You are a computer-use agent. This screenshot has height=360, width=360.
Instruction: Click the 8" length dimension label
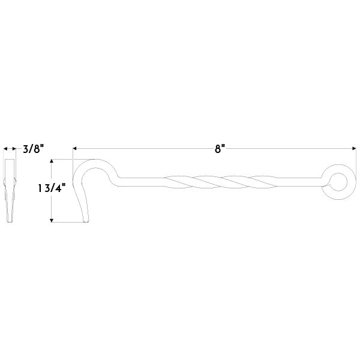coord(220,149)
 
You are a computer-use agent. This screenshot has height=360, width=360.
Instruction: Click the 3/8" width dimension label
coord(33,149)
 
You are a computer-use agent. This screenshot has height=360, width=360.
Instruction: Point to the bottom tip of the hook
coord(86,221)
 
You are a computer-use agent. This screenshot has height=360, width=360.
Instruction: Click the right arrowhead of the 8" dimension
coord(354,149)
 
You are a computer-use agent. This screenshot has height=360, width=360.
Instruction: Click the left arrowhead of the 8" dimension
coord(75,149)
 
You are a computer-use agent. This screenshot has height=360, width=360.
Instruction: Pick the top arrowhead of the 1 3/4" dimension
coord(52,161)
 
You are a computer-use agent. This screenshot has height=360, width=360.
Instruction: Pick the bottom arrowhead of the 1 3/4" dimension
coord(52,220)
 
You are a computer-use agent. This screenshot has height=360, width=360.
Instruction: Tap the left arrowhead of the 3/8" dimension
coord(5,149)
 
